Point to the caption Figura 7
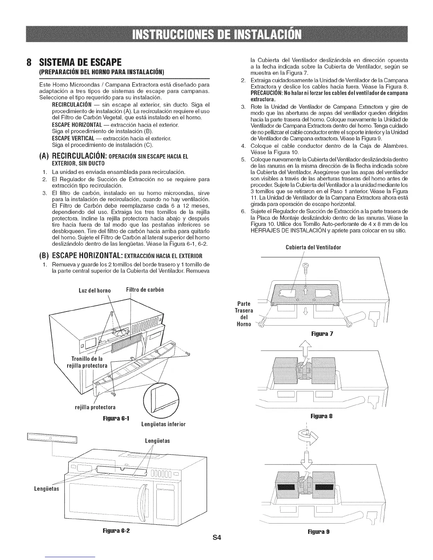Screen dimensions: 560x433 click(322, 334)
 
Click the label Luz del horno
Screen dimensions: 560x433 click(94, 291)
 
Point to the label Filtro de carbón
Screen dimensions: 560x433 click(145, 290)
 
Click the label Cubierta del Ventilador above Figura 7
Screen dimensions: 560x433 click(313, 247)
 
